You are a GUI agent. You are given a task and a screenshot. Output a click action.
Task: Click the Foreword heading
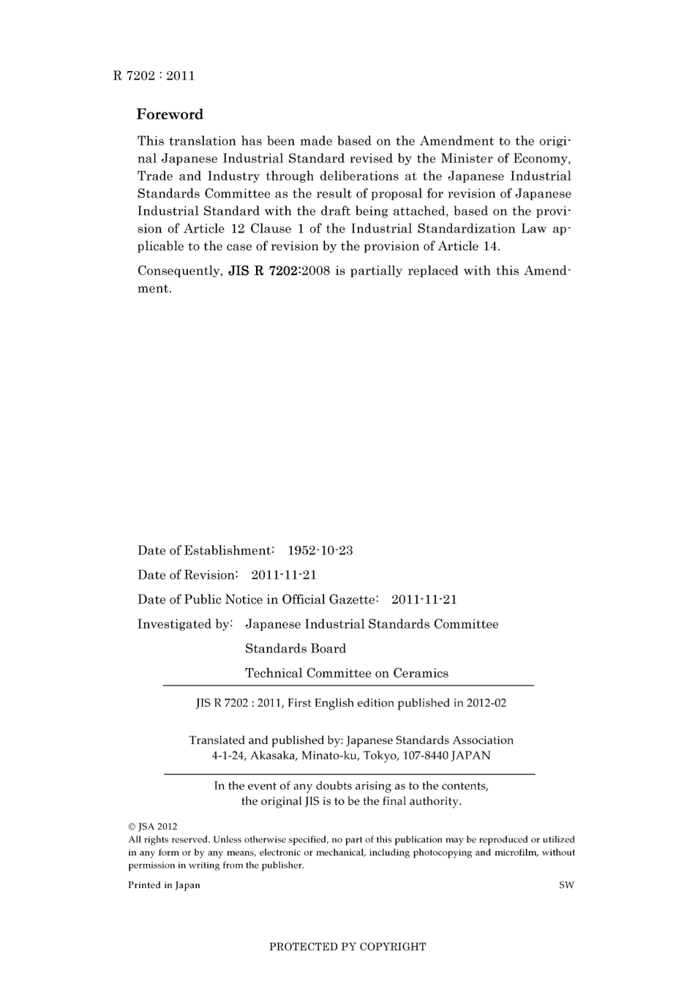point(170,115)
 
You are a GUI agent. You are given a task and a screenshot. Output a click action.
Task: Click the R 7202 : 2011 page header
point(154,75)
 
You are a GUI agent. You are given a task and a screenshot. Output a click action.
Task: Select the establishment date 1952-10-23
point(320,551)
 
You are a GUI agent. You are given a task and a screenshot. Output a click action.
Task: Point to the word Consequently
point(179,271)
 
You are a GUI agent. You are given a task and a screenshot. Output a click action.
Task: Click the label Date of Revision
point(187,575)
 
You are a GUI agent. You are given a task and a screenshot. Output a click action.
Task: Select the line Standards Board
point(296,649)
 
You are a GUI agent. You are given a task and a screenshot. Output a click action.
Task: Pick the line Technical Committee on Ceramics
point(347,673)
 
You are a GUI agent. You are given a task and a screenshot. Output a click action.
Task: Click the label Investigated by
point(184,624)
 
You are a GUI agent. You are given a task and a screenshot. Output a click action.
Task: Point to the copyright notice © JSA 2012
point(152,827)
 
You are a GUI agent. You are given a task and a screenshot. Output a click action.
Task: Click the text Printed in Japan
point(164,885)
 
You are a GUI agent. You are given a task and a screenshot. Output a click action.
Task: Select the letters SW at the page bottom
point(566,885)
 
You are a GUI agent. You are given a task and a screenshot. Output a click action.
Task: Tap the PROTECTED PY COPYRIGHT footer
point(347,947)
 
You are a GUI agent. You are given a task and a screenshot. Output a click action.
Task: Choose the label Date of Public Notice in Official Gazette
point(258,600)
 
